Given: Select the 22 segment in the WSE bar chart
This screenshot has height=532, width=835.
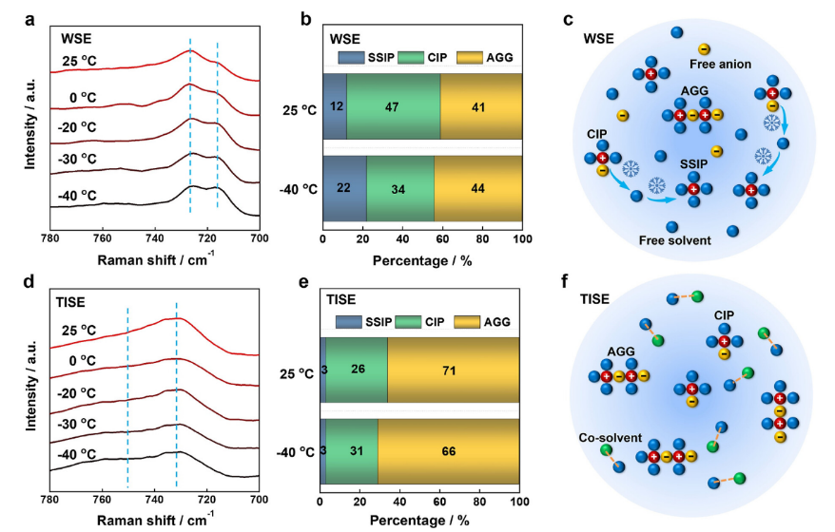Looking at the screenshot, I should [x=344, y=187].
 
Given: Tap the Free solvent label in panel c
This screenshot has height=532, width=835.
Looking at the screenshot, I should [x=676, y=240].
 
